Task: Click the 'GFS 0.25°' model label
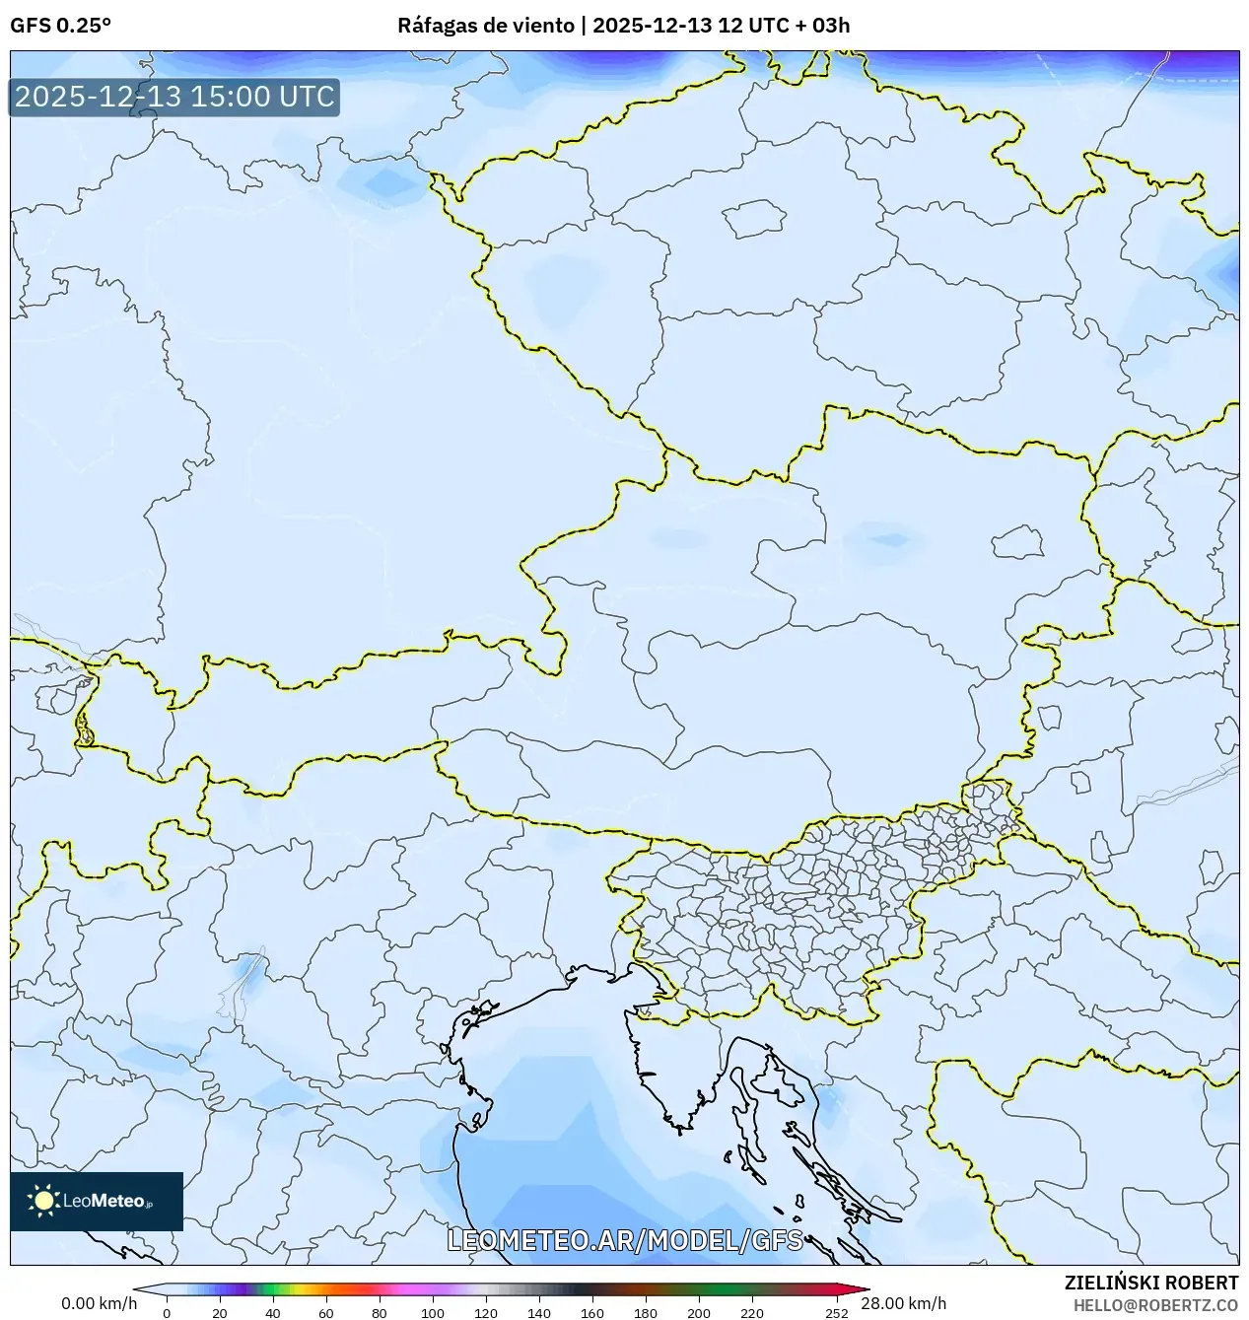[x=60, y=26]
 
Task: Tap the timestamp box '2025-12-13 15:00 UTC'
[x=174, y=97]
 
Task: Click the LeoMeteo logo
[x=97, y=1201]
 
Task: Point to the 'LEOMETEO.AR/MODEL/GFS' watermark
[x=625, y=1240]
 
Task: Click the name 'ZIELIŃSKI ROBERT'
[x=1150, y=1283]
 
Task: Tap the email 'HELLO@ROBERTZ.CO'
[x=1155, y=1304]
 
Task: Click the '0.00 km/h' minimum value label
[x=99, y=1303]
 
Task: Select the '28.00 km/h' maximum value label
[x=903, y=1303]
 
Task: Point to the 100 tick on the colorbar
[x=433, y=1312]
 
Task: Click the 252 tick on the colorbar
[x=837, y=1312]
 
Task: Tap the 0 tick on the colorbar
[x=166, y=1312]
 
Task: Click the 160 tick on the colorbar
[x=592, y=1312]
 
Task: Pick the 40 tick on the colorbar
[x=273, y=1312]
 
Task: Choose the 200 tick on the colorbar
[x=699, y=1312]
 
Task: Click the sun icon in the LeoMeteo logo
[x=43, y=1200]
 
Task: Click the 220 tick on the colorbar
[x=752, y=1312]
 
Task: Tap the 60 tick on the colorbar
[x=326, y=1312]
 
